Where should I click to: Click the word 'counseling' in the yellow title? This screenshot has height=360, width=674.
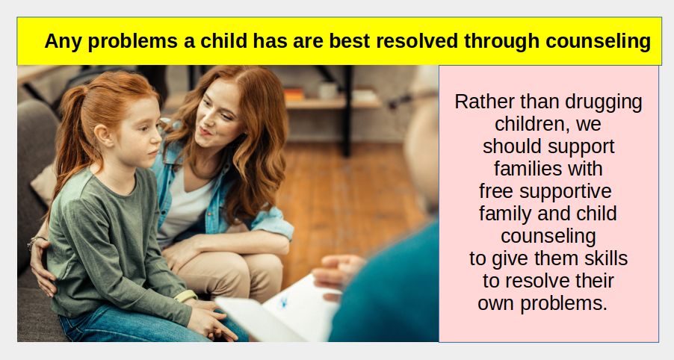(598, 42)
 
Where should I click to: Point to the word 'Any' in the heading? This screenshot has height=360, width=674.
(63, 42)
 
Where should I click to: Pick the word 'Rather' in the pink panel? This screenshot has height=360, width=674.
(485, 102)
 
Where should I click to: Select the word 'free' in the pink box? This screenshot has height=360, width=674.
(496, 191)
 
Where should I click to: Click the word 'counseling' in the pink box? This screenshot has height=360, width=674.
(548, 237)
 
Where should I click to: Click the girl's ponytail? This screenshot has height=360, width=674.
(71, 137)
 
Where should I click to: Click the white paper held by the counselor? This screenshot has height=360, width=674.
(279, 310)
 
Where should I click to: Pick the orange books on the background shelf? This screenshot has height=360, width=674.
(294, 94)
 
